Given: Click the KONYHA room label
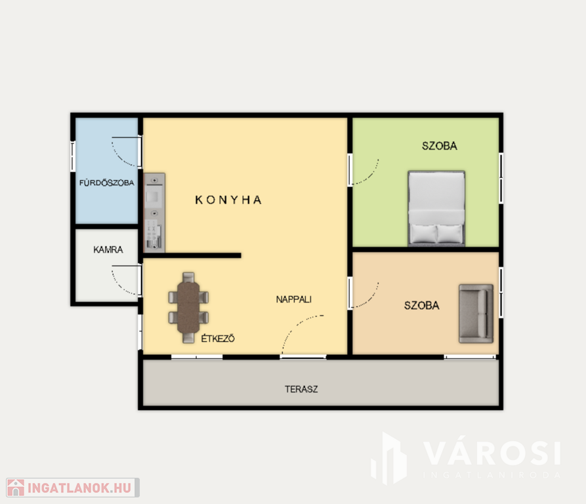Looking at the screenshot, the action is (228, 200).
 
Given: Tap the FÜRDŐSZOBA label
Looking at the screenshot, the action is (106, 182).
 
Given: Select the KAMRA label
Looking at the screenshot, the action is (108, 249).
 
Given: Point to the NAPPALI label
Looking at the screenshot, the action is (294, 299).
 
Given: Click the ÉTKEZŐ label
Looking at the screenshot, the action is (218, 339).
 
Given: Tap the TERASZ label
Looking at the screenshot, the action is (301, 389).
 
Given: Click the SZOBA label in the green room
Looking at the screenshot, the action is (440, 146).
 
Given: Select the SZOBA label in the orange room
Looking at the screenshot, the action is (421, 306).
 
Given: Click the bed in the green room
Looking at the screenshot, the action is (436, 209).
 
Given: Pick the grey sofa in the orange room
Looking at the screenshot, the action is (476, 314).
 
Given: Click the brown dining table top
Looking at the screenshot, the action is (188, 307).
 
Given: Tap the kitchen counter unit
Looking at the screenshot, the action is (154, 212).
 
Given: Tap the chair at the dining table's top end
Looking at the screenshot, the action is (188, 277).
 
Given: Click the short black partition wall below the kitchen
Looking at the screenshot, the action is (192, 255).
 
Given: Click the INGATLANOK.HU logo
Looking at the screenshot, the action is (73, 488).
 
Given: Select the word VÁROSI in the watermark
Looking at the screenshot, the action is (492, 453).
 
